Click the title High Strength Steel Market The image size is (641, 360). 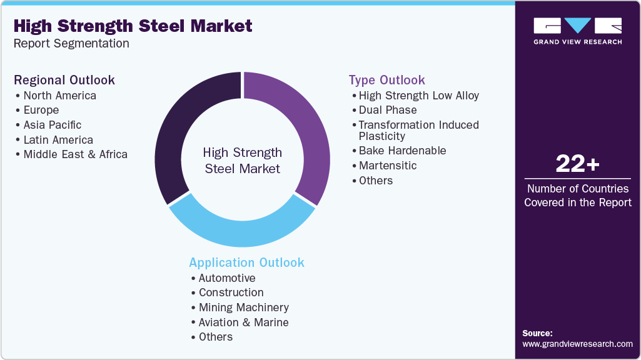pyautogui.click(x=133, y=26)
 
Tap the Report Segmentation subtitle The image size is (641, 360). pyautogui.click(x=71, y=44)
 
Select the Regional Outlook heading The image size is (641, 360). pyautogui.click(x=64, y=80)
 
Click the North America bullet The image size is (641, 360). pyautogui.click(x=59, y=96)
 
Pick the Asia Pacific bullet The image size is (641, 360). pyautogui.click(x=53, y=125)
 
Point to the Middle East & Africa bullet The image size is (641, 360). pyautogui.click(x=75, y=154)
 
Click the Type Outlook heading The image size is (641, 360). pyautogui.click(x=386, y=80)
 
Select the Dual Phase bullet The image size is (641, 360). pyautogui.click(x=388, y=110)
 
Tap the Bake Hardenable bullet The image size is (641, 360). pyautogui.click(x=402, y=151)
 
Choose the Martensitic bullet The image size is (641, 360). pyautogui.click(x=388, y=166)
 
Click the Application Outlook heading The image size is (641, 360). pyautogui.click(x=246, y=262)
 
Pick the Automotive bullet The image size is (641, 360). pyautogui.click(x=227, y=278)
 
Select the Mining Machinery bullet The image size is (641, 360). pyautogui.click(x=244, y=307)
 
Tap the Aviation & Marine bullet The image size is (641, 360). pyautogui.click(x=244, y=322)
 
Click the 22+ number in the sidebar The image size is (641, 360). pyautogui.click(x=577, y=164)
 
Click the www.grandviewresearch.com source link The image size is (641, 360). pyautogui.click(x=577, y=344)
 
